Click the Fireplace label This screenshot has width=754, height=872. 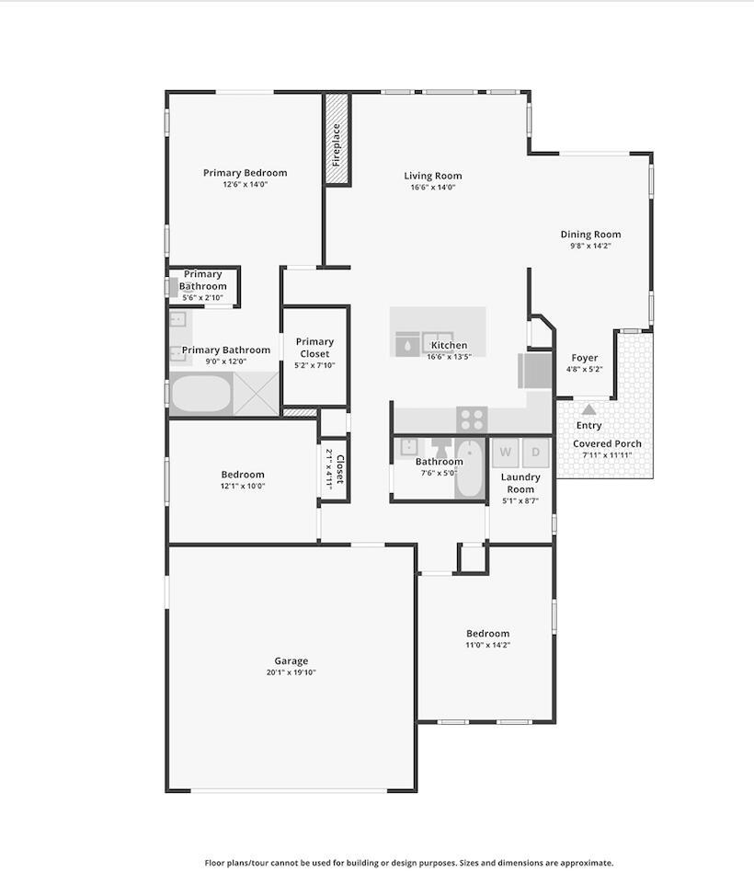(336, 145)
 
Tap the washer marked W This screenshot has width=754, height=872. (506, 453)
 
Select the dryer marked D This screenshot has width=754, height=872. (535, 453)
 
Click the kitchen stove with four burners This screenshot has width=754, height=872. (472, 419)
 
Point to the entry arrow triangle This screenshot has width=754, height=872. (588, 410)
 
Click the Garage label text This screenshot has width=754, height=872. (291, 660)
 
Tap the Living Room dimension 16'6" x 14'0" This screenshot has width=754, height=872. (432, 188)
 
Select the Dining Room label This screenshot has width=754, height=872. (590, 235)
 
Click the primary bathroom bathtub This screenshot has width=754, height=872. (201, 394)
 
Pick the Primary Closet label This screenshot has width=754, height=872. (314, 348)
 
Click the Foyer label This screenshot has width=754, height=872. (585, 358)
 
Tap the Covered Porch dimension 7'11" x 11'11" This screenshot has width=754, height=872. (607, 455)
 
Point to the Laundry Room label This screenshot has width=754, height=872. (520, 483)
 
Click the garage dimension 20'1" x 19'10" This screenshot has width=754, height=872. (291, 672)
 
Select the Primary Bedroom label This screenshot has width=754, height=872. (246, 173)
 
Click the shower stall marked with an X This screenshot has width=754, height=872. (256, 394)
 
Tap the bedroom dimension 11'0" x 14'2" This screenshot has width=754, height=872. (487, 645)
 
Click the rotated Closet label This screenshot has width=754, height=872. (340, 469)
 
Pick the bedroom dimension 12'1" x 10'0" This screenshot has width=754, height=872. (243, 486)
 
